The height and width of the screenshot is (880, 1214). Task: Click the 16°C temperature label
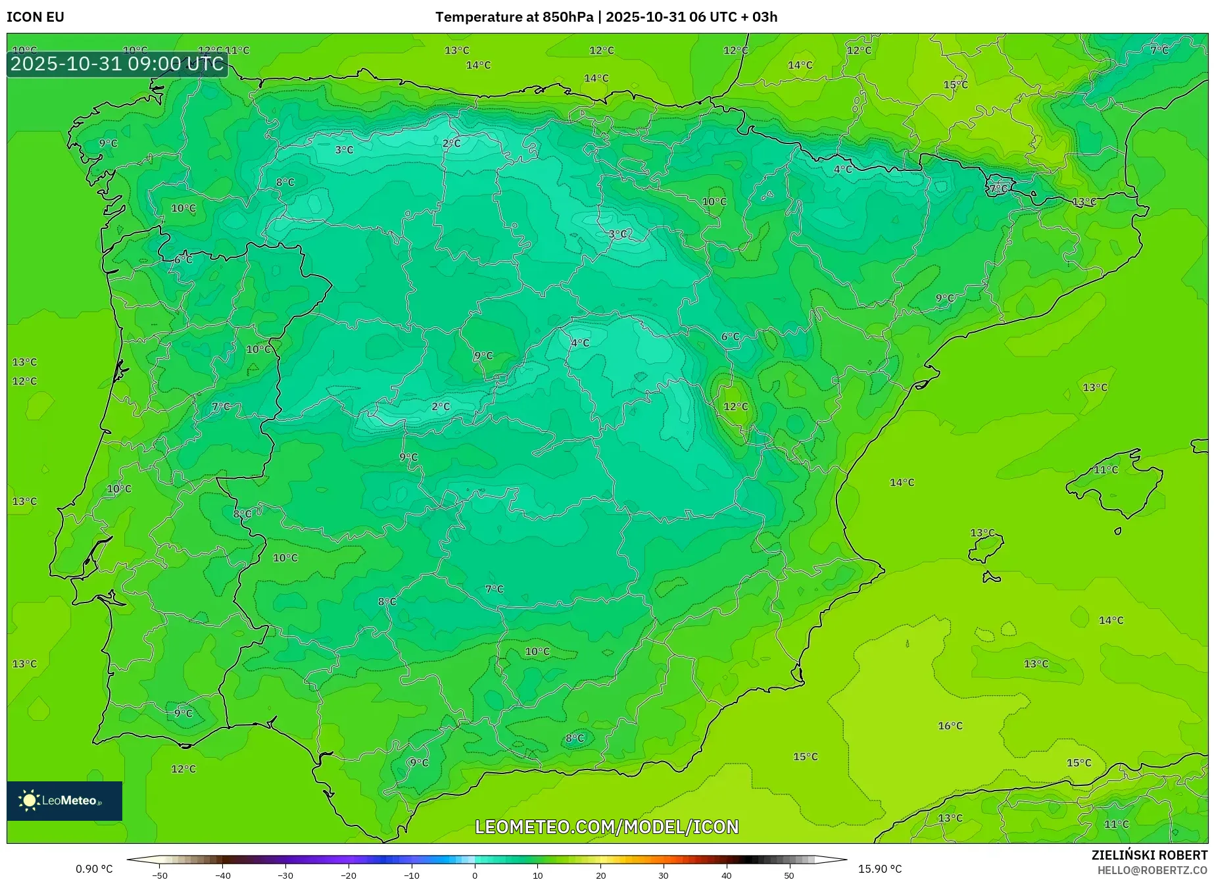[x=950, y=725]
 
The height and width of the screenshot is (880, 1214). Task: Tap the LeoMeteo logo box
[x=64, y=800]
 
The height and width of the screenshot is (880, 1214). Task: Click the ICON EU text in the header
[x=36, y=17]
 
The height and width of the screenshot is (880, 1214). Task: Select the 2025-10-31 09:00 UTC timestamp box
[x=117, y=64]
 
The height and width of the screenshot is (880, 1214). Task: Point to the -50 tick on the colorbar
[x=160, y=875]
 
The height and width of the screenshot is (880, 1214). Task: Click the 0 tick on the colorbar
[x=475, y=875]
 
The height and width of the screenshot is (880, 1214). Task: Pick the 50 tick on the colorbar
[x=789, y=875]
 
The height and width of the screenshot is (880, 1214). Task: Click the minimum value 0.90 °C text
[x=94, y=869]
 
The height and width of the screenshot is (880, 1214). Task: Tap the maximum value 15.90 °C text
[x=879, y=869]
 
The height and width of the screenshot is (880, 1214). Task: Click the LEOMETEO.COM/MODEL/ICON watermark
[x=606, y=827]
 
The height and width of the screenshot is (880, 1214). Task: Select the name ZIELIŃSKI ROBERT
[x=1149, y=855]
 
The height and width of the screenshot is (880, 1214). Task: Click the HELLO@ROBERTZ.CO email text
[x=1152, y=870]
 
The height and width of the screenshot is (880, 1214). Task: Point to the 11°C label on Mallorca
[x=1105, y=470]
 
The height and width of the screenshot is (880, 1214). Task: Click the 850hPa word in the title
[x=568, y=17]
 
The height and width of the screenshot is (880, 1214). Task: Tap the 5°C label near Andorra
[x=998, y=189]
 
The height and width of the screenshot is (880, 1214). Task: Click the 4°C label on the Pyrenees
[x=842, y=169]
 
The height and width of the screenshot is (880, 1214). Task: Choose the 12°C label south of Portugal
[x=183, y=769]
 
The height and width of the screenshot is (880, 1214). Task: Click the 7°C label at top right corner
[x=1159, y=50]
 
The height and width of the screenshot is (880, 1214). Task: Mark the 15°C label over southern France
[x=955, y=85]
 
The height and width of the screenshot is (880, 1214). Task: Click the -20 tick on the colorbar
[x=349, y=875]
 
